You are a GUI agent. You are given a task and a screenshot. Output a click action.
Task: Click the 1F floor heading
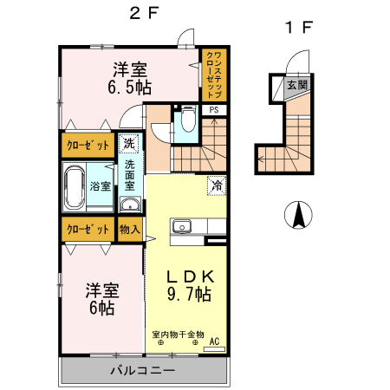click(x=298, y=27)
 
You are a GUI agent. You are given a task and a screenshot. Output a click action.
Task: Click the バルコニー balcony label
click(x=143, y=370)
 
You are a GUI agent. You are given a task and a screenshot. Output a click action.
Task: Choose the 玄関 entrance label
click(x=297, y=85)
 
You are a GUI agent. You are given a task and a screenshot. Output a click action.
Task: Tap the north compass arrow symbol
click(x=298, y=214)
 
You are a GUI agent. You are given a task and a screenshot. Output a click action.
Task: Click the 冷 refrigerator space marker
click(x=215, y=185)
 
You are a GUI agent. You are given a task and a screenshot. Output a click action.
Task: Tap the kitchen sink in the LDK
click(x=182, y=227)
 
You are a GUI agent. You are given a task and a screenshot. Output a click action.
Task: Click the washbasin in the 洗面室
click(x=129, y=205)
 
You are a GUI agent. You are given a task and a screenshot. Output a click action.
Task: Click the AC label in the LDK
click(x=214, y=341)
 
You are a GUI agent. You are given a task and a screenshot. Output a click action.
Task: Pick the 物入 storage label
click(x=129, y=230)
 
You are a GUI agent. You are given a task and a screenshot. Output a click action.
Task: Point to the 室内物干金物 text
click(x=177, y=334)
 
